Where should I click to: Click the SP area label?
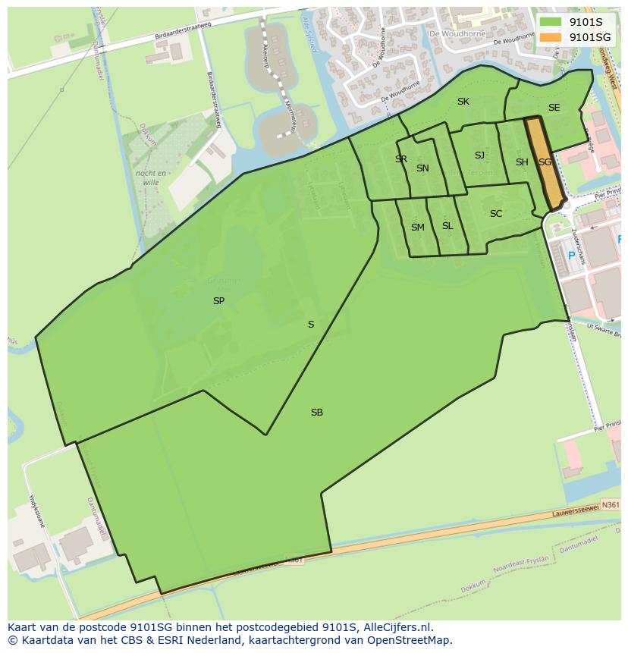pos(218,301)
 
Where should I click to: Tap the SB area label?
pos(317,413)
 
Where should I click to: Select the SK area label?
pos(463,102)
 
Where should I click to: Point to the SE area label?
pos(554,108)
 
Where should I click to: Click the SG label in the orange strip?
pos(545,162)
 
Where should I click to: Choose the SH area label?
pos(522,162)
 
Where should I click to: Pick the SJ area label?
pos(479,155)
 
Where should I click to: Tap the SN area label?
pos(422,168)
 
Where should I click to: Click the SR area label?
pos(401,159)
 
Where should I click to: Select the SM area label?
pos(418,228)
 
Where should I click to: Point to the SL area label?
pos(447,226)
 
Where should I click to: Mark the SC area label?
pos(496,214)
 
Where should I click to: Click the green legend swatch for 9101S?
pos(551,21)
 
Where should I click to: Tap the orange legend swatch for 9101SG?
pos(551,36)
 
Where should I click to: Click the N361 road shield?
pos(610,504)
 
